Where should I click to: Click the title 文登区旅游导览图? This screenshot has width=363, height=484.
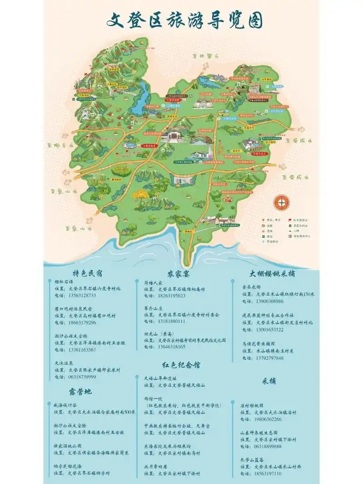(185, 20)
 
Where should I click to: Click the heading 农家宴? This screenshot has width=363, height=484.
(178, 274)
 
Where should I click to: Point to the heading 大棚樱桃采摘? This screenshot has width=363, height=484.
(272, 274)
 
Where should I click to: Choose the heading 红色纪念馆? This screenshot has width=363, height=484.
(181, 365)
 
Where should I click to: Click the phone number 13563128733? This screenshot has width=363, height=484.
(82, 295)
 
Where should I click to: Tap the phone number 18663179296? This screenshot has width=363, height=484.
(82, 323)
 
